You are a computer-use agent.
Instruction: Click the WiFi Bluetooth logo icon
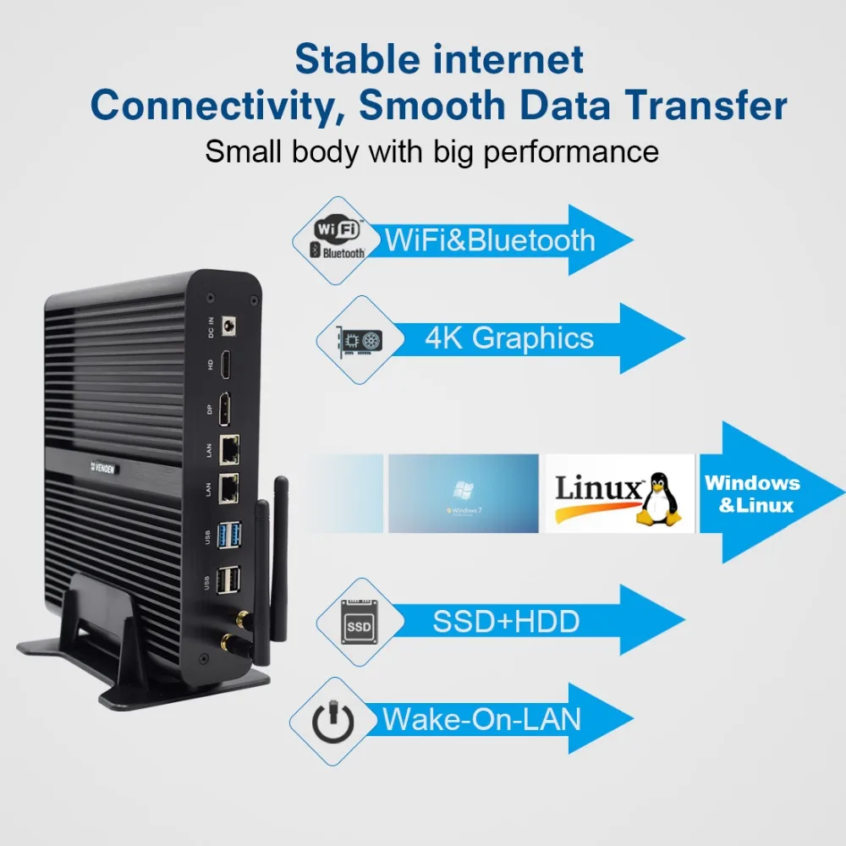click(339, 239)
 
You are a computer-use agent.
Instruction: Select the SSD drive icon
click(357, 623)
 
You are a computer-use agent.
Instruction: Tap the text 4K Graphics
click(509, 338)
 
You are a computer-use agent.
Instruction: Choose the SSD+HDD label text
click(506, 622)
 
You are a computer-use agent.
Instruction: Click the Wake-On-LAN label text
click(482, 719)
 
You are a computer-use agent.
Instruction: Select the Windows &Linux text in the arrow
click(752, 494)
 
